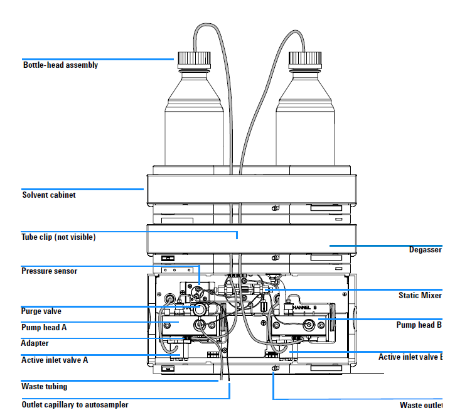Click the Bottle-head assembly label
coord(60,65)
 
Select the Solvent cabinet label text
coord(48,195)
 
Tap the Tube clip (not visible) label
coord(58,237)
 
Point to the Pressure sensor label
coord(50,271)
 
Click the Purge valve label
coord(41,311)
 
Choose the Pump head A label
coord(44,327)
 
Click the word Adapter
coord(35,343)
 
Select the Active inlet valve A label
coord(55,360)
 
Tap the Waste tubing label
coord(44,386)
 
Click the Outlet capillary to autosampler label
coord(75,405)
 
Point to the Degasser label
coord(425,250)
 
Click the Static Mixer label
coord(420,296)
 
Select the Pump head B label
coord(419,325)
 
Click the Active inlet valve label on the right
coord(410,357)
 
